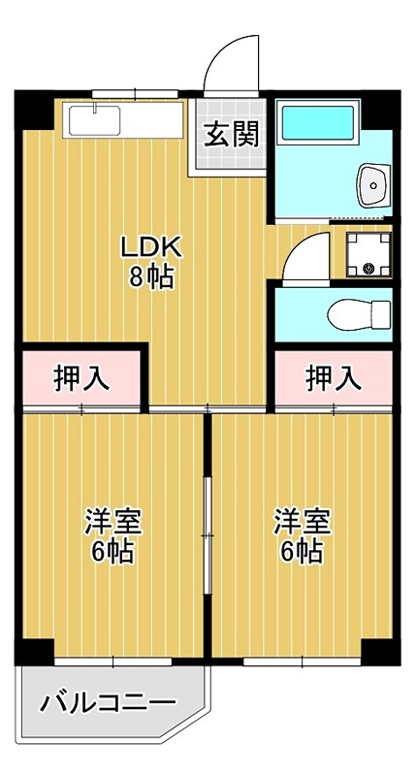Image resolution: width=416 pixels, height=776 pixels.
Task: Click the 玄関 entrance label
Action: (x=232, y=134)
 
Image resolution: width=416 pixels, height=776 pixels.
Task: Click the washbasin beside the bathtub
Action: (x=372, y=183)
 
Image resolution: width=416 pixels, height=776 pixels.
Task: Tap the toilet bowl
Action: (x=357, y=314)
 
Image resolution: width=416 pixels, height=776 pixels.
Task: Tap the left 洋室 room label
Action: (x=113, y=521)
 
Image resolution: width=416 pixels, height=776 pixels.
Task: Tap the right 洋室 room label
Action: (x=302, y=521)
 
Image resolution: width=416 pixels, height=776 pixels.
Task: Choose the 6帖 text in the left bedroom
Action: (x=113, y=552)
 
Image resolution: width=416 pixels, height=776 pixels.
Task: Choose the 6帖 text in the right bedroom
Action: (x=302, y=552)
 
